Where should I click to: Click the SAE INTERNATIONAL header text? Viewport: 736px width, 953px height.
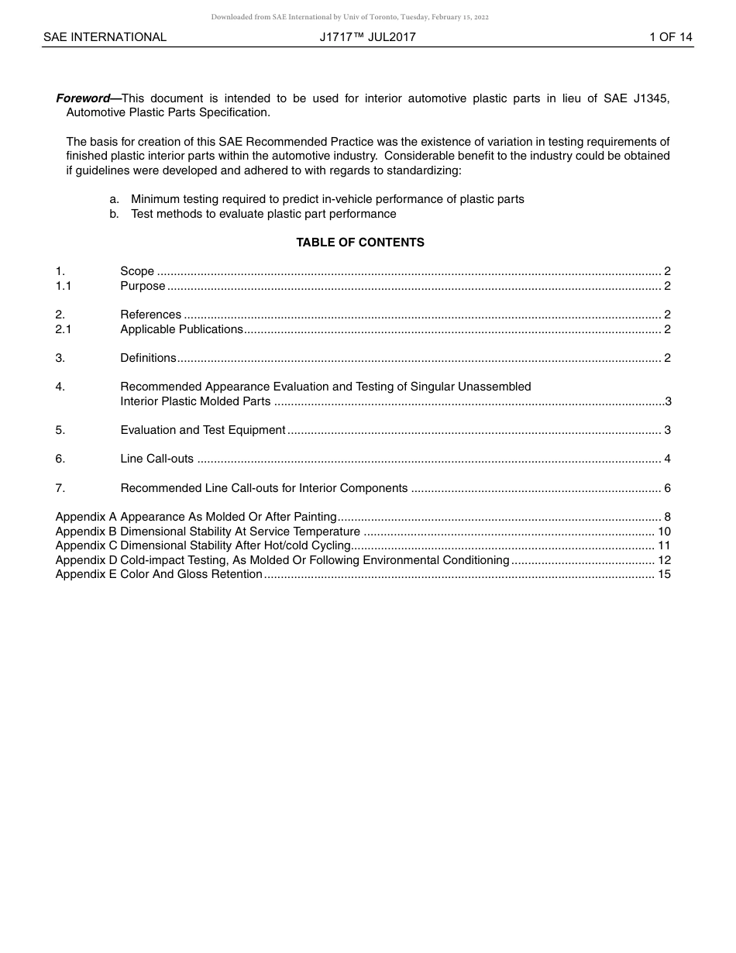tap(105, 37)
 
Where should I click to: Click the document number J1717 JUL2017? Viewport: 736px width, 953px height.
tap(367, 37)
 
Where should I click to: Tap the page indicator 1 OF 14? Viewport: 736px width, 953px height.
tap(670, 37)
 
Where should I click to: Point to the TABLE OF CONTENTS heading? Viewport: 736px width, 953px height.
tap(360, 243)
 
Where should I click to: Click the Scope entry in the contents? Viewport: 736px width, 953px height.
tap(137, 271)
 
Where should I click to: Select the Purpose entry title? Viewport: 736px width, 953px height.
tap(143, 286)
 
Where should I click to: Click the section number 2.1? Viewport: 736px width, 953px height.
tap(64, 329)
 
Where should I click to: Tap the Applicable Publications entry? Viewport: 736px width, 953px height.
tap(181, 329)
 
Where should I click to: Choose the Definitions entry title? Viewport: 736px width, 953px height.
tap(148, 358)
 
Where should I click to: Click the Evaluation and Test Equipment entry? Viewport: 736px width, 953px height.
tap(203, 430)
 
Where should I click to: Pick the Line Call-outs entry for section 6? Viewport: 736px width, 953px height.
tap(156, 459)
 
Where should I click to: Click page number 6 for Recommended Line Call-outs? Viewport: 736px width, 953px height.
tap(667, 488)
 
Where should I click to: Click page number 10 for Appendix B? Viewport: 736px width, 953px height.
tap(664, 532)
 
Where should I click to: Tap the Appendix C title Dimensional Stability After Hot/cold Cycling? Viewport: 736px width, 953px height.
tap(236, 545)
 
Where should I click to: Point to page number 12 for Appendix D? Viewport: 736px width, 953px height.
tap(664, 560)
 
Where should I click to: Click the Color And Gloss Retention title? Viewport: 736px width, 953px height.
tap(191, 574)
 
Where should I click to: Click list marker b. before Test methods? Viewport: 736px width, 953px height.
tap(114, 214)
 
